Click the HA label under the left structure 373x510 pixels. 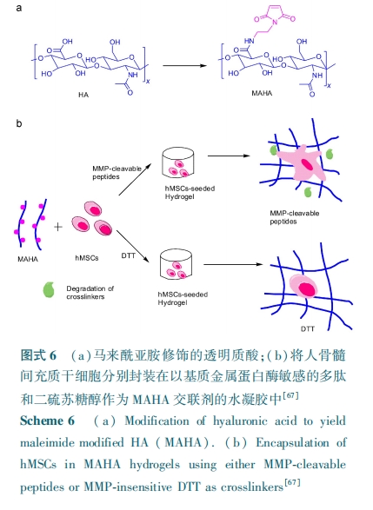pyautogui.click(x=83, y=95)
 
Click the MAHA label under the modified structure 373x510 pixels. pyautogui.click(x=262, y=93)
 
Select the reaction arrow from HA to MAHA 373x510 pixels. pyautogui.click(x=184, y=66)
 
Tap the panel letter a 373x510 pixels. pyautogui.click(x=19, y=8)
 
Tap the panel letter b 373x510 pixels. pyautogui.click(x=19, y=123)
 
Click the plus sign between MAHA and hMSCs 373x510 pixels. pyautogui.click(x=58, y=227)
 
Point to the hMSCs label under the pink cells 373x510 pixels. pyautogui.click(x=87, y=258)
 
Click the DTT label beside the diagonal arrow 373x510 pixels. pyautogui.click(x=128, y=255)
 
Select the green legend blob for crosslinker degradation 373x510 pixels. pyautogui.click(x=49, y=289)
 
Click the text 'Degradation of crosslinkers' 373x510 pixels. pyautogui.click(x=90, y=293)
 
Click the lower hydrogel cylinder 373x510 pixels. pyautogui.click(x=176, y=264)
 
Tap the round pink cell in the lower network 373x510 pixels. pyautogui.click(x=303, y=286)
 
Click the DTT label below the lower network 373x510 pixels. pyautogui.click(x=308, y=328)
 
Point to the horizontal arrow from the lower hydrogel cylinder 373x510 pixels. pyautogui.click(x=233, y=264)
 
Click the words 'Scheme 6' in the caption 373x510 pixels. pyautogui.click(x=48, y=421)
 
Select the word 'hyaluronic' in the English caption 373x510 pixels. pyautogui.click(x=240, y=421)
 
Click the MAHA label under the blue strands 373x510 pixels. pyautogui.click(x=28, y=259)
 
